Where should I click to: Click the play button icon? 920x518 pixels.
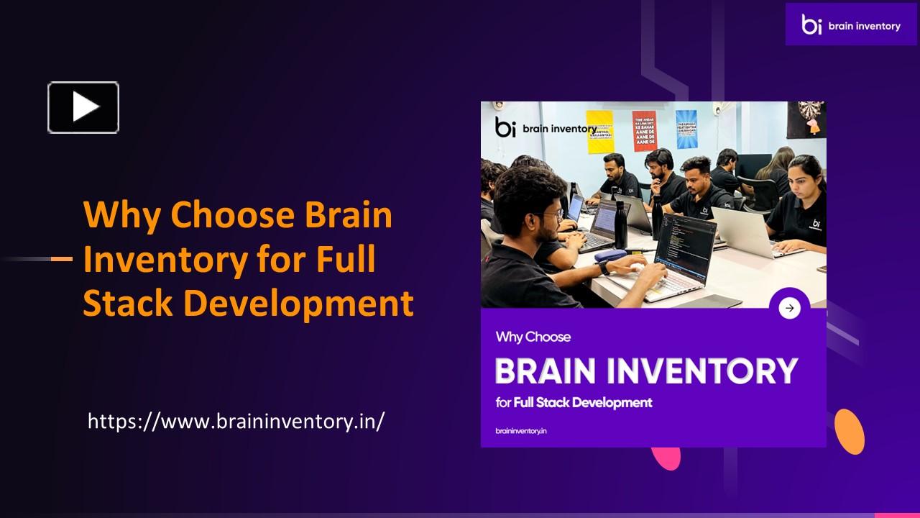tap(83, 107)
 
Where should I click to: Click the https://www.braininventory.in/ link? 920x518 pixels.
tap(236, 421)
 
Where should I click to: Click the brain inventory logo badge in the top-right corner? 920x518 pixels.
tap(851, 24)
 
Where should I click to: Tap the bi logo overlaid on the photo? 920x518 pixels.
tap(505, 127)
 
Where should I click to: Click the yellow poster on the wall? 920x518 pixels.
tap(599, 132)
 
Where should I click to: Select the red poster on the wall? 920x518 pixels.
tap(644, 130)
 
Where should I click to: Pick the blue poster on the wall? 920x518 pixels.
tap(686, 129)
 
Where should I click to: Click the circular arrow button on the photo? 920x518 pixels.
tap(789, 308)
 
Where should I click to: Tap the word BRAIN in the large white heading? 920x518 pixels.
tap(546, 371)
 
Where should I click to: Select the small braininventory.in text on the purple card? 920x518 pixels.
tap(521, 430)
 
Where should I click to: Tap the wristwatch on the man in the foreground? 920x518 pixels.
tap(603, 267)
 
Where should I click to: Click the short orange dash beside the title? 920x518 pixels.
tap(62, 258)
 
